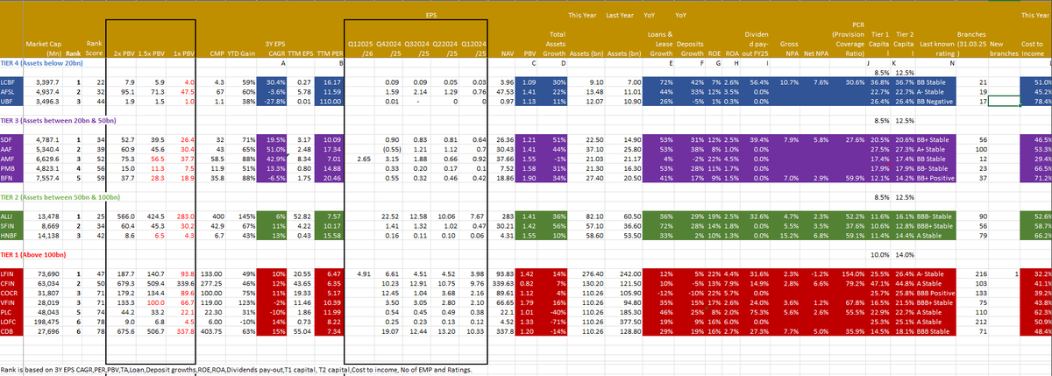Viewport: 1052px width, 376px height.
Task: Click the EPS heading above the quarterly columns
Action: tap(430, 16)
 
